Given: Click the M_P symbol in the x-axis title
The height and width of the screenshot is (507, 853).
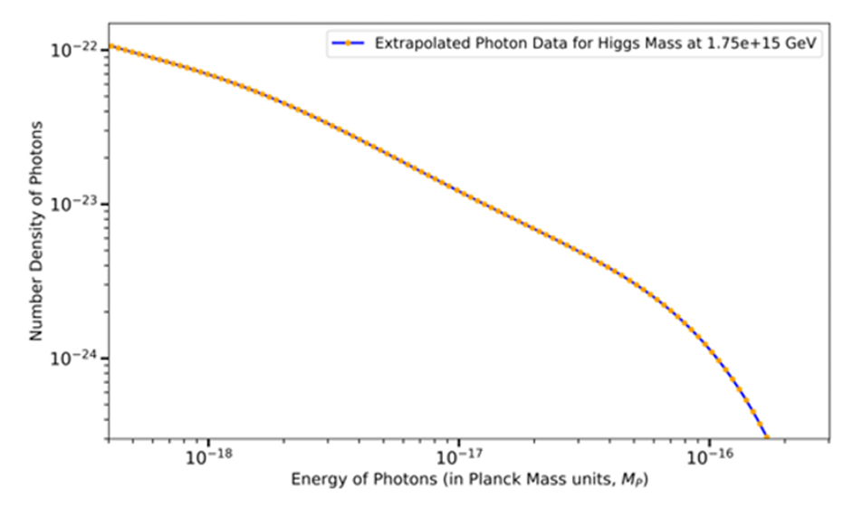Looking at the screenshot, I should tap(629, 478).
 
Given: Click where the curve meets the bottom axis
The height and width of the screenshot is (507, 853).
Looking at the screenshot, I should tap(767, 438).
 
